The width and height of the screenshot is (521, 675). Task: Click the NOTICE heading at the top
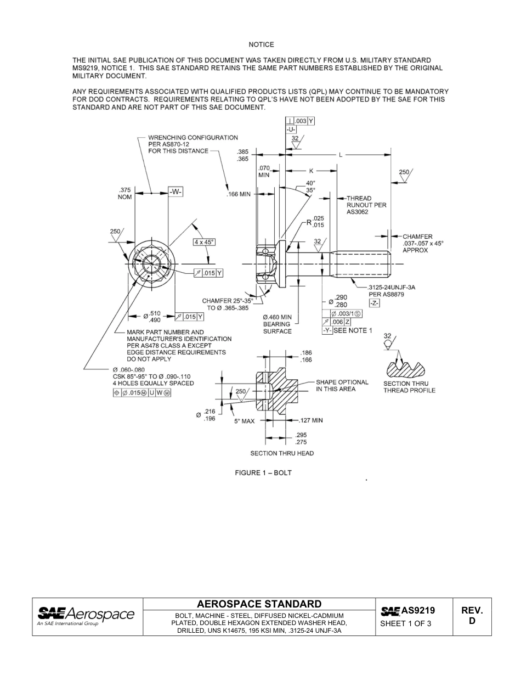coord(261,44)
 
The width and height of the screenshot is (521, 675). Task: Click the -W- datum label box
coord(175,192)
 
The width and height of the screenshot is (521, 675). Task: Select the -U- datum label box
coord(291,130)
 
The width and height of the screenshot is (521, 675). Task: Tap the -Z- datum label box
coord(375,303)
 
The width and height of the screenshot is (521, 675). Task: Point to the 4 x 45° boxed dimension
coord(204,241)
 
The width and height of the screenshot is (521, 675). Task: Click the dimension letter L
coord(341,155)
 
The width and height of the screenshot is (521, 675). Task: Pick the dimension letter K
coord(311,171)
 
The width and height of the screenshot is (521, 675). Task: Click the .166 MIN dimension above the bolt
coord(239,194)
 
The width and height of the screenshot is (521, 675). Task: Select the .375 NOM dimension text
coord(125,194)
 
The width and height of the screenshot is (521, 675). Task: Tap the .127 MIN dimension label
coord(310,421)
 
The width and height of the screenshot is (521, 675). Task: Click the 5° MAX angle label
coord(245,421)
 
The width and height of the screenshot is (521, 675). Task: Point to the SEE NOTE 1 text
coord(353,330)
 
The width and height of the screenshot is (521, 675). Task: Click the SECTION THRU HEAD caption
coord(282,453)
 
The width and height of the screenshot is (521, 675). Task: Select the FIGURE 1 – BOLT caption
coord(263,473)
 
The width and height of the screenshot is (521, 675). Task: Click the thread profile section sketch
coord(409,367)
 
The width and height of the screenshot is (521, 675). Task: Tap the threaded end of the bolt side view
coord(362,263)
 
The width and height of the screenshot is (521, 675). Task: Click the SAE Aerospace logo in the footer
coord(86,616)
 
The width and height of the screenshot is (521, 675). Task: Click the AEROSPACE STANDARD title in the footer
coord(259,604)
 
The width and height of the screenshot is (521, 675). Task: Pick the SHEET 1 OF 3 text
coord(406,623)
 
